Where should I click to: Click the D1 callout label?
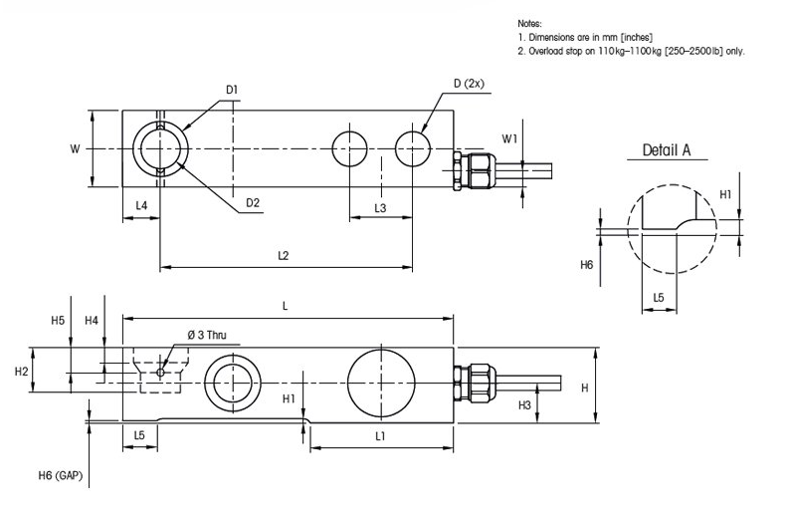click(231, 90)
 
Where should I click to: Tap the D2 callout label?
click(253, 203)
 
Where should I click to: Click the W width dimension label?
click(75, 148)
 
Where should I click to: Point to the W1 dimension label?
click(508, 137)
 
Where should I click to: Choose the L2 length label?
click(284, 256)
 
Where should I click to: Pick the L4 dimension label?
click(141, 205)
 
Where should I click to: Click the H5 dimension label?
click(57, 321)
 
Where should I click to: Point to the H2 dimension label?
click(21, 371)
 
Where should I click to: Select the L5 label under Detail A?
click(658, 299)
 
